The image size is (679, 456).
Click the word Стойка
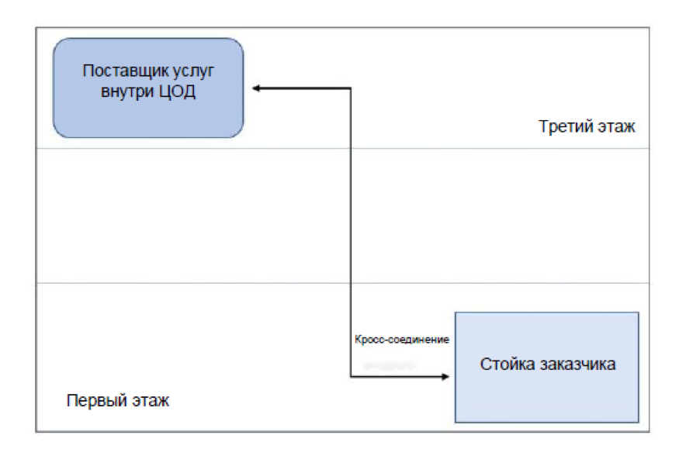click(505, 364)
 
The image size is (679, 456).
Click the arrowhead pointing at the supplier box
click(257, 89)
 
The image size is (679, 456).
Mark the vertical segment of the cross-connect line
click(351, 233)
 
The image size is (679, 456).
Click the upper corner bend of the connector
click(351, 89)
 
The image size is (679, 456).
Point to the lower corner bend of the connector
click(351, 377)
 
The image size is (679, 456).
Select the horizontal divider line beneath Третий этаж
click(341, 148)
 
